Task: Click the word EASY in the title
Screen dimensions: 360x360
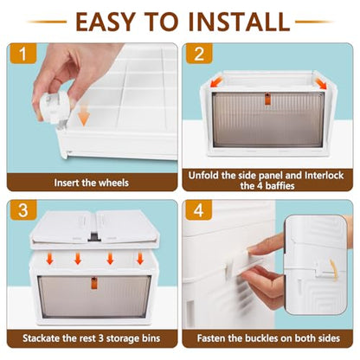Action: (106, 22)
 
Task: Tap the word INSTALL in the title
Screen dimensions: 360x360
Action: (239, 22)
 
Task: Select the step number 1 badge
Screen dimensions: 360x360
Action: (22, 54)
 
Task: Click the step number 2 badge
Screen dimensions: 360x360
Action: (199, 54)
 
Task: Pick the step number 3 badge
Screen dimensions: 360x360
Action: (23, 210)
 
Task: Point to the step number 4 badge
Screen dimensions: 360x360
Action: (199, 210)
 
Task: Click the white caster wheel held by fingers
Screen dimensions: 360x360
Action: (55, 107)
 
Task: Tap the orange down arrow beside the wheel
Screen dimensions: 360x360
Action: (84, 117)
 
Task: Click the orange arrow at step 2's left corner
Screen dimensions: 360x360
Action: (216, 83)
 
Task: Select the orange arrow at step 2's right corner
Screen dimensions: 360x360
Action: (321, 83)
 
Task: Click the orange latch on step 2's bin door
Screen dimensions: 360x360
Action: (268, 99)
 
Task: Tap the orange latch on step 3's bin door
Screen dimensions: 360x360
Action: (94, 283)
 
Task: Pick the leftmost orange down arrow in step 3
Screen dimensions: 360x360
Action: (50, 259)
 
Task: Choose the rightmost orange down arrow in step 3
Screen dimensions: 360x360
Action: (140, 259)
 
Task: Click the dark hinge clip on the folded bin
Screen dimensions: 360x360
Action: (93, 236)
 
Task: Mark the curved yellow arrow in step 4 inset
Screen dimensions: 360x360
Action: (333, 270)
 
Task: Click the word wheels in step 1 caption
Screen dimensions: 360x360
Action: (113, 183)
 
